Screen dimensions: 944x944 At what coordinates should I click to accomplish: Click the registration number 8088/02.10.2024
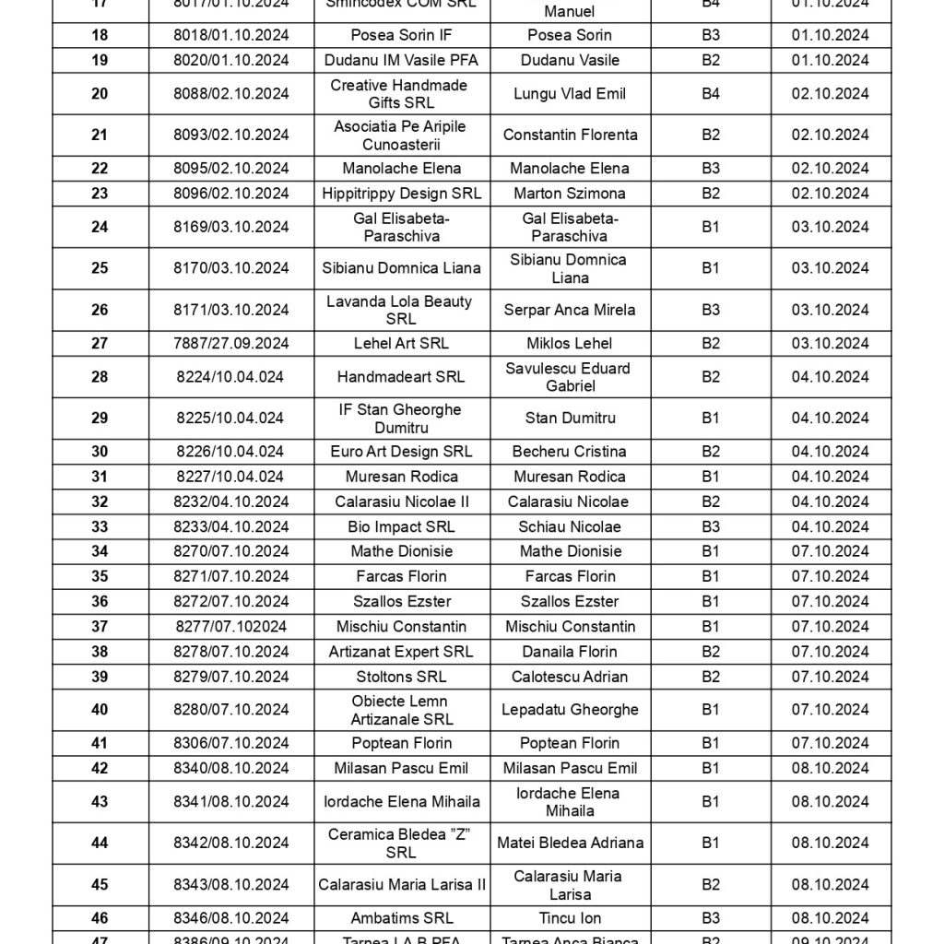point(231,94)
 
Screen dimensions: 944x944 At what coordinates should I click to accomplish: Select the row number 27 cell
point(100,344)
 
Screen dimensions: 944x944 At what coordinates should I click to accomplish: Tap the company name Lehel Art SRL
point(401,344)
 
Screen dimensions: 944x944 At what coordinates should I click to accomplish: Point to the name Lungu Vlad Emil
point(570,94)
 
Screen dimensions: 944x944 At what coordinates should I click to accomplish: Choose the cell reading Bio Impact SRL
point(401,527)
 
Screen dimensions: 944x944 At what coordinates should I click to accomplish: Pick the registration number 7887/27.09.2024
point(231,344)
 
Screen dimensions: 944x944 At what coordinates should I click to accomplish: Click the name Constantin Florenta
point(570,136)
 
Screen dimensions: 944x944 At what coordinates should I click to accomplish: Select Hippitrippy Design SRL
point(401,194)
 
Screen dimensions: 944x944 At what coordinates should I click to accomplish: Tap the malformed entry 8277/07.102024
point(231,627)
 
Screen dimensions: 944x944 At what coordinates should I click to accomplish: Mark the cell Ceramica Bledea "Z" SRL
point(401,844)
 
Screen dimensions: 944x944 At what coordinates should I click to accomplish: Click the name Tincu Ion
point(570,918)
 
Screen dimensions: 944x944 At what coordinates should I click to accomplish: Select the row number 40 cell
point(100,710)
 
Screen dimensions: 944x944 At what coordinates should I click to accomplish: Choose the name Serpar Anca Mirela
point(570,311)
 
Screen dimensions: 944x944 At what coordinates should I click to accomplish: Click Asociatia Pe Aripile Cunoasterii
point(401,136)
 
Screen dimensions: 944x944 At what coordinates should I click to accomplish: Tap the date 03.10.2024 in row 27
point(830,344)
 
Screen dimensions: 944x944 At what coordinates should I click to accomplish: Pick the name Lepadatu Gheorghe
point(570,710)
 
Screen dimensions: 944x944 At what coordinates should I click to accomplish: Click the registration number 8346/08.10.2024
point(231,918)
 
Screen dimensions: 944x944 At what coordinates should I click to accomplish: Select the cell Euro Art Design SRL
point(401,452)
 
